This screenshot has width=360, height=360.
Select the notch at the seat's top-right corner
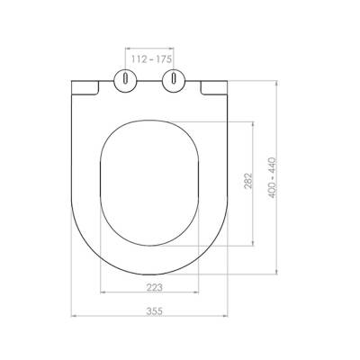214,86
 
